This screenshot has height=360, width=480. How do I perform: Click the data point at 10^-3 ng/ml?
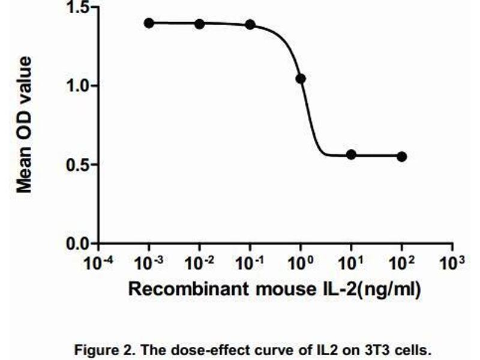149,23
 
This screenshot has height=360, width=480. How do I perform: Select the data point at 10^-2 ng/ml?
199,23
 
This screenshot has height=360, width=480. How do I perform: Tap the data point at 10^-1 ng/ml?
250,24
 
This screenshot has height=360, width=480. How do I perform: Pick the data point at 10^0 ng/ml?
301,79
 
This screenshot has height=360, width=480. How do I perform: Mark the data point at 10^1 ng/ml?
351,154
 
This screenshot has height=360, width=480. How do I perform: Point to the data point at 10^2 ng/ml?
402,156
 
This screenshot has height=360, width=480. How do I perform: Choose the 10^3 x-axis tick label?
452,263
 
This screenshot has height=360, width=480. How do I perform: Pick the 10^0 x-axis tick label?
301,263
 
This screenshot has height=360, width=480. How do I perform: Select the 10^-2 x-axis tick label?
199,263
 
